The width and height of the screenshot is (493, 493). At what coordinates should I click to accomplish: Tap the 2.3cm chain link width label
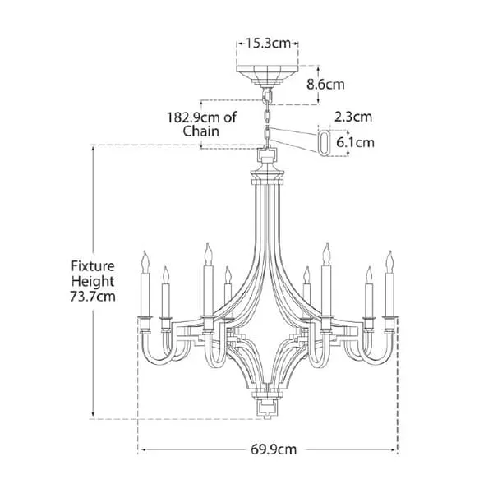pyautogui.click(x=354, y=117)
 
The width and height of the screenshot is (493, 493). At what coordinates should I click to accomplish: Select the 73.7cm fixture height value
pyautogui.click(x=93, y=295)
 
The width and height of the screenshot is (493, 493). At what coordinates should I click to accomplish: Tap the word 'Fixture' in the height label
pyautogui.click(x=92, y=265)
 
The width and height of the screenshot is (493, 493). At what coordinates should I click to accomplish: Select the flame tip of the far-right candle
pyautogui.click(x=389, y=260)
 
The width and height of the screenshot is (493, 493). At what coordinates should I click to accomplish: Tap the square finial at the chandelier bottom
pyautogui.click(x=268, y=405)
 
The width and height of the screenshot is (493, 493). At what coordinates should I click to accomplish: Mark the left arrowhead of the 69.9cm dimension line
pyautogui.click(x=143, y=449)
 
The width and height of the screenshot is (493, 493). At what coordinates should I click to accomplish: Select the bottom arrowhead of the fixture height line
pyautogui.click(x=94, y=415)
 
